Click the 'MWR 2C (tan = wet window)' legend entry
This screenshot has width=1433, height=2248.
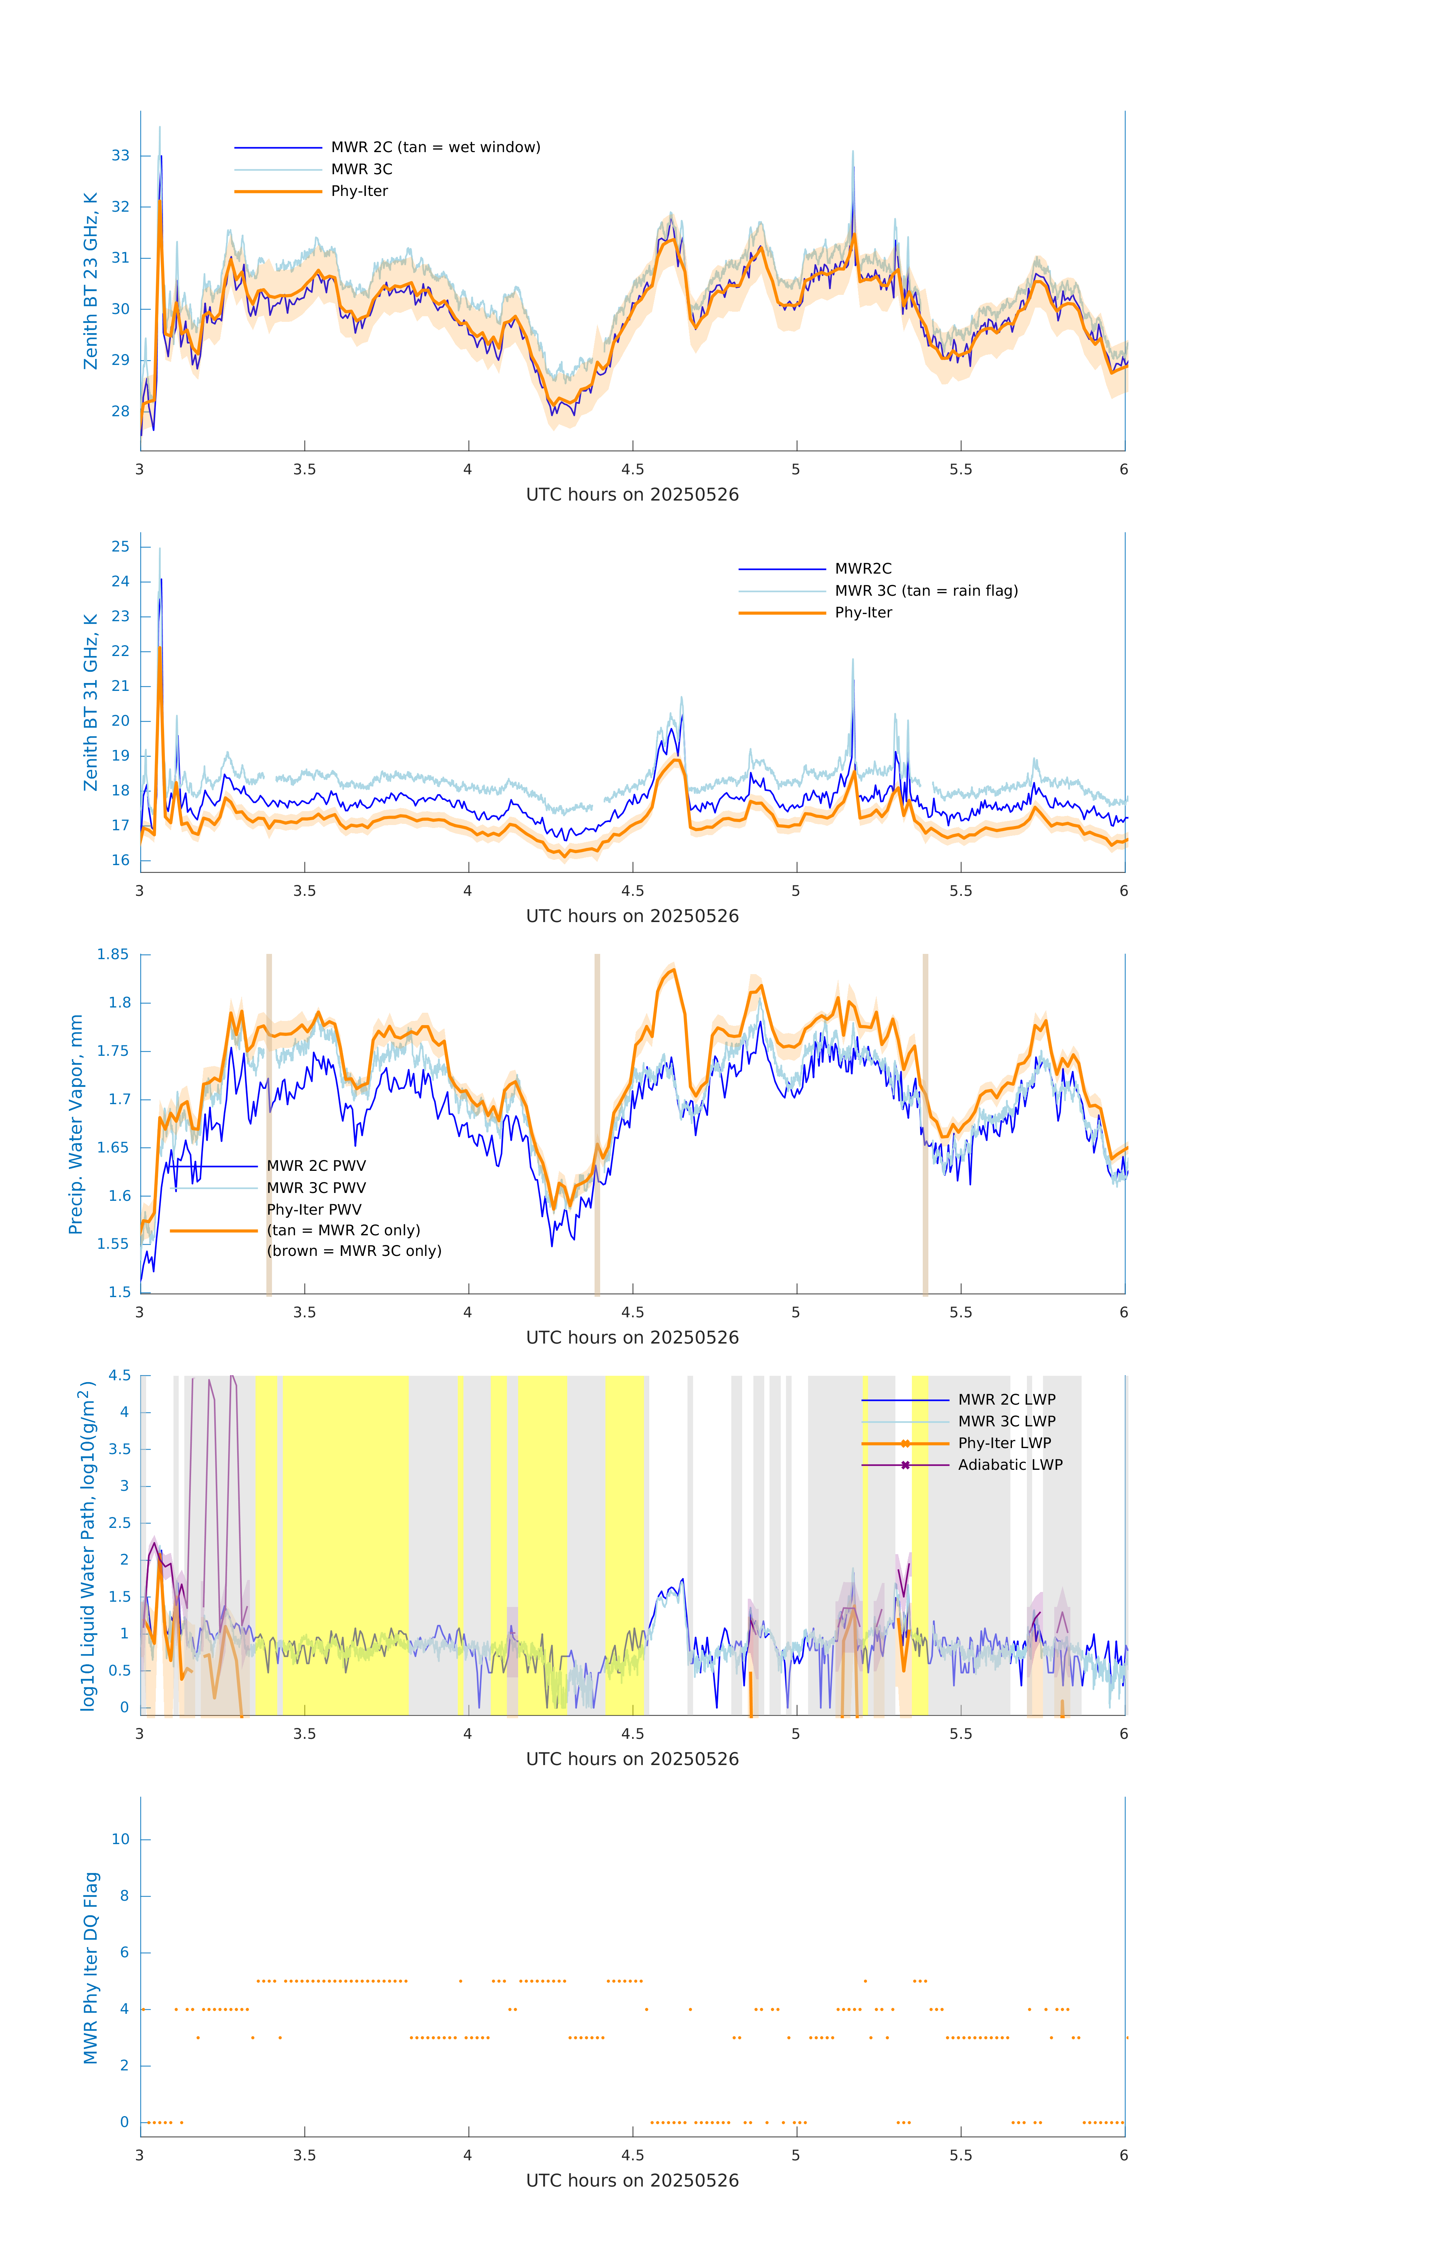pyautogui.click(x=435, y=148)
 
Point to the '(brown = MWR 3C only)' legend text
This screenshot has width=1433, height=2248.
pyautogui.click(x=354, y=1251)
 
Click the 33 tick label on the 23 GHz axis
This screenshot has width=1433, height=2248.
pyautogui.click(x=120, y=156)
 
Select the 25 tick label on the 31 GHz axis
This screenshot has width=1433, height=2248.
pyautogui.click(x=120, y=547)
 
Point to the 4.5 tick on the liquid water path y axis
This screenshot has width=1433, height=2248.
pyautogui.click(x=120, y=1376)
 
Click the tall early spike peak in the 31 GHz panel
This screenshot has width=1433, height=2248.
pyautogui.click(x=161, y=581)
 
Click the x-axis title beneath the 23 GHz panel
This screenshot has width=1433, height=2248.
pyautogui.click(x=632, y=495)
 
